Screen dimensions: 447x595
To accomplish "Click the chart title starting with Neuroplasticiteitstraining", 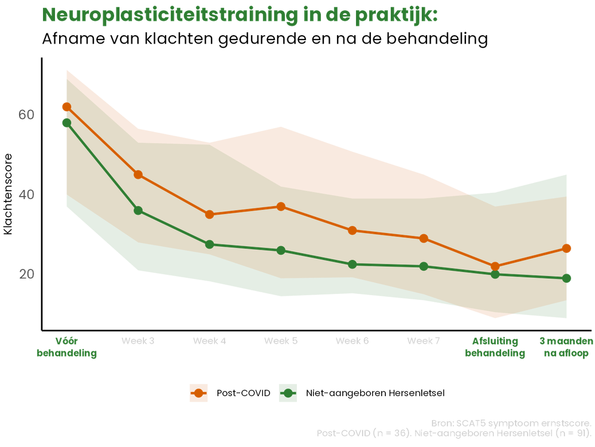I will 240,16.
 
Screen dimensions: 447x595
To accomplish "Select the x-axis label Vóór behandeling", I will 66,347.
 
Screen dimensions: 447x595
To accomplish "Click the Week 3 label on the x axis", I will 138,341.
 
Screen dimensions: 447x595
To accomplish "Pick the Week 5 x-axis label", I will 281,341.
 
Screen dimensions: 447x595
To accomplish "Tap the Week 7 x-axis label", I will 424,341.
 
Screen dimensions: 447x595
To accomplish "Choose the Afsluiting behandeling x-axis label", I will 495,347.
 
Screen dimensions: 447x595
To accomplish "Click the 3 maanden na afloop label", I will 566,347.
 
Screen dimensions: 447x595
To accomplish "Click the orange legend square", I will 198,393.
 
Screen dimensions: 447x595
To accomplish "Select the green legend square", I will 288,393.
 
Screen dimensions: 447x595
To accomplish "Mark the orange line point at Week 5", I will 281,206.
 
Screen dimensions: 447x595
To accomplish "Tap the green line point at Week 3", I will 138,210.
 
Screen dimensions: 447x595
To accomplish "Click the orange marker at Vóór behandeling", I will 66,107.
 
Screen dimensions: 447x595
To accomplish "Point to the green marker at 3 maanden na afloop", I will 567,278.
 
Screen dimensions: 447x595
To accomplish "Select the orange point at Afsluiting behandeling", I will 495,267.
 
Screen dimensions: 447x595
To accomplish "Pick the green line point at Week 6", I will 352,264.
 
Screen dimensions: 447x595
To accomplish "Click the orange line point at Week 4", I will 210,215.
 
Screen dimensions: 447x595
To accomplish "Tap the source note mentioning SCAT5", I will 512,423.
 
